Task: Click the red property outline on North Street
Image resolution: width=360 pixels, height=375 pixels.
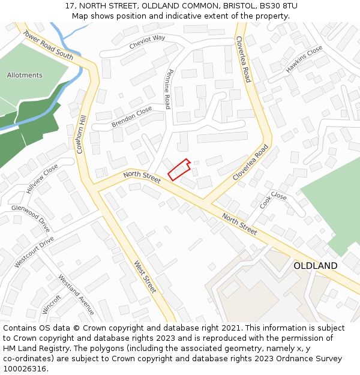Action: [x=179, y=169]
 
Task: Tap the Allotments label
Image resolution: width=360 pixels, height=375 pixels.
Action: [x=25, y=75]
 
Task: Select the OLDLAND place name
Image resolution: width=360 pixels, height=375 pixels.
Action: [x=315, y=265]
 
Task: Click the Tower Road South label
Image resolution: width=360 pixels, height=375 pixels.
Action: [x=48, y=45]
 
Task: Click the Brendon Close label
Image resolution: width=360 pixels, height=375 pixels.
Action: [x=131, y=117]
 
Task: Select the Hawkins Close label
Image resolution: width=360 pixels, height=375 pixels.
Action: [x=304, y=59]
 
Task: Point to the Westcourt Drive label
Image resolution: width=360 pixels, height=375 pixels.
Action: [x=34, y=252]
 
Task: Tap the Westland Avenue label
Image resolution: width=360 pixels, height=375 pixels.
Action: [x=76, y=295]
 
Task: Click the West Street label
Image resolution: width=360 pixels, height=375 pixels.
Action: [x=145, y=277]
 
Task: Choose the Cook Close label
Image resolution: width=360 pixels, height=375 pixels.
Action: [x=273, y=200]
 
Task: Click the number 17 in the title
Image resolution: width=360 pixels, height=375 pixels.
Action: [x=70, y=5]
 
